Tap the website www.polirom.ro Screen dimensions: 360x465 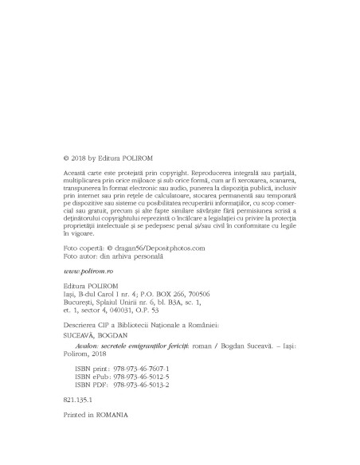[90, 272]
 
